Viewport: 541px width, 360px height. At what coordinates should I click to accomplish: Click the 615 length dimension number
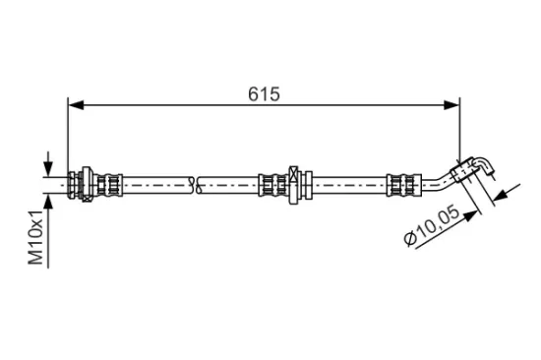point(264,93)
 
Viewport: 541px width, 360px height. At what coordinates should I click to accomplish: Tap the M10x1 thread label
point(37,237)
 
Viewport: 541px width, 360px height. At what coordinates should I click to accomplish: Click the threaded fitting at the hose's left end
point(76,183)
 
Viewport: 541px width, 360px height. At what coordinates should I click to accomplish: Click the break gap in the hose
point(195,183)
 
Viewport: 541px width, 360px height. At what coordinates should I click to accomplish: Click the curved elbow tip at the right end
point(480,165)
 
